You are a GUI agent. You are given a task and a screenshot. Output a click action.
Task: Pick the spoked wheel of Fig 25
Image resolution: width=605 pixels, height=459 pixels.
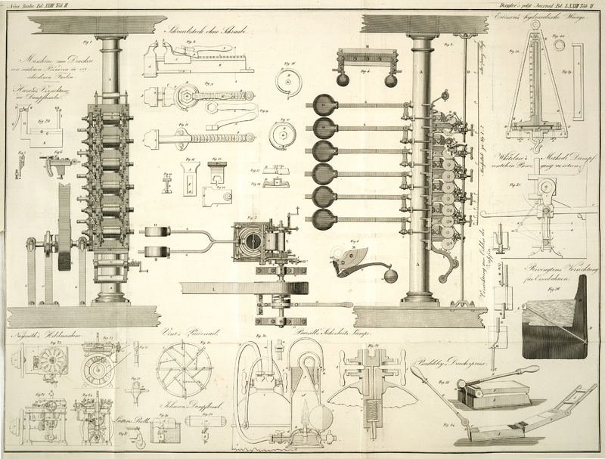coord(183,368)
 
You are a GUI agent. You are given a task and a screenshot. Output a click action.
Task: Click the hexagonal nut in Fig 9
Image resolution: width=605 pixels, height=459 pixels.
coord(183,96)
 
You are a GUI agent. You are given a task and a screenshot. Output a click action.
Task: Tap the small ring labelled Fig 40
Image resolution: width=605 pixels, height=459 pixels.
coord(559,46)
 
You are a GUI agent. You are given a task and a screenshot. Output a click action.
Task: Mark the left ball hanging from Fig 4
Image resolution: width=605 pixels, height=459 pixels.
coord(343,79)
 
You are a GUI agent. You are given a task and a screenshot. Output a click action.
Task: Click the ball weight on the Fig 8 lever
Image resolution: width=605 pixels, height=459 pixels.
coord(390,276)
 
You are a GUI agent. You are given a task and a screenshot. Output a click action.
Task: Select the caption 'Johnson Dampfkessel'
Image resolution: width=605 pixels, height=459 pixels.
coord(183,405)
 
